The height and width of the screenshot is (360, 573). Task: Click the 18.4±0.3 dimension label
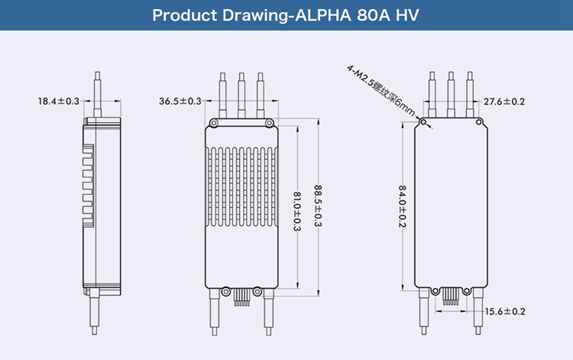coord(58,101)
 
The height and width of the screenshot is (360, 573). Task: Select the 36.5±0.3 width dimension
coord(180,101)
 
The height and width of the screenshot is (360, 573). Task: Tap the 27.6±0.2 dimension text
coord(503,102)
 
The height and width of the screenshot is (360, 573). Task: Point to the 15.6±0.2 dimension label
coord(505,311)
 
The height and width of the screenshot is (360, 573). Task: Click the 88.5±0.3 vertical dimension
coord(319,206)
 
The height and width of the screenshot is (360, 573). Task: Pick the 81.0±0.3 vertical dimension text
coord(297,211)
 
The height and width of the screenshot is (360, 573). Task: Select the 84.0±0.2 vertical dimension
coord(403,206)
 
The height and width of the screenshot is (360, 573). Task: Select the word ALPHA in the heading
coord(319,15)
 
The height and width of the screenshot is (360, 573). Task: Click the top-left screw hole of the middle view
coord(215,123)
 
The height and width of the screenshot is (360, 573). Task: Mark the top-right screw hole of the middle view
coord(268,123)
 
